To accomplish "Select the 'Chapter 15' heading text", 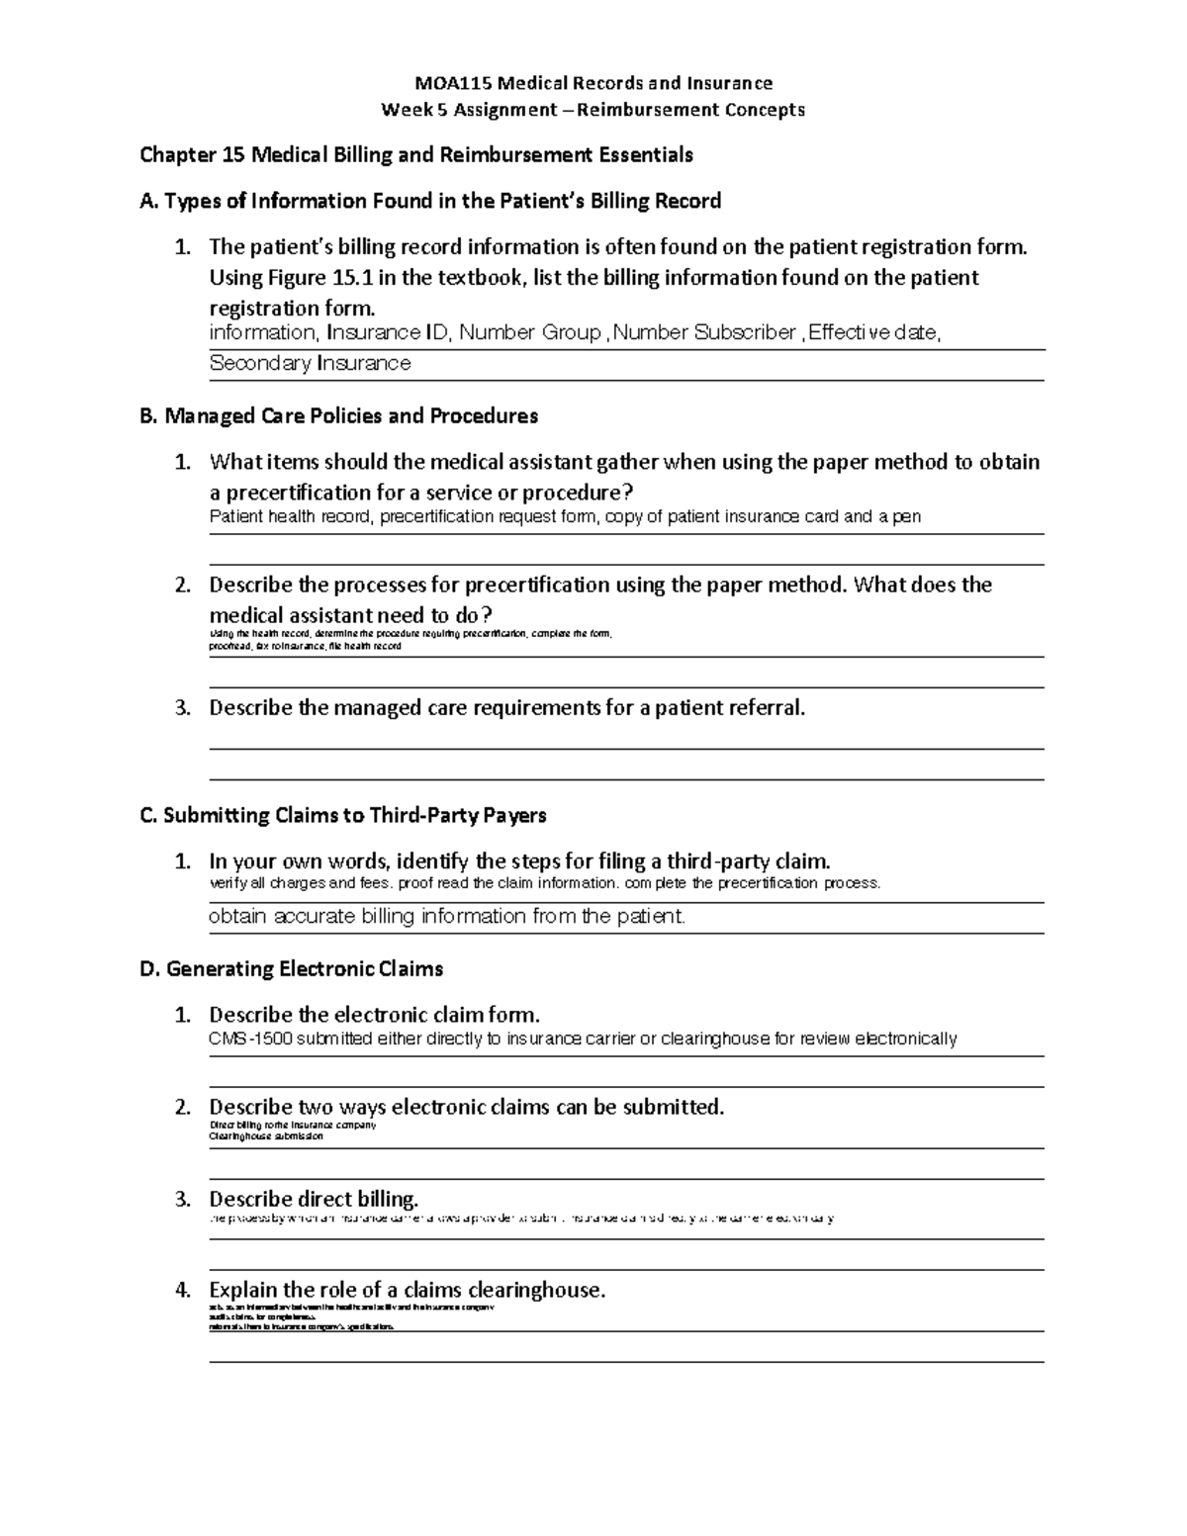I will (x=193, y=155).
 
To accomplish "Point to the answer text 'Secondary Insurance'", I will (x=310, y=364).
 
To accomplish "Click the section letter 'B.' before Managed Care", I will (x=149, y=416).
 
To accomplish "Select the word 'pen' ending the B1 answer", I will (x=907, y=517).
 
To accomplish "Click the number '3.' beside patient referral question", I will (x=182, y=708).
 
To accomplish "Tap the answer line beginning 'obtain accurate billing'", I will (x=446, y=917).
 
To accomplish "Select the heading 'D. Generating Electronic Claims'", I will (x=292, y=969).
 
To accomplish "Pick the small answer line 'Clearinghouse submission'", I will (x=265, y=1136).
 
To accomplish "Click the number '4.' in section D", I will (x=182, y=1291).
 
